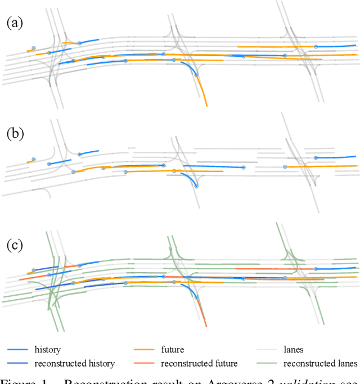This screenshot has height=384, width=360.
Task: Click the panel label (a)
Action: tap(14, 23)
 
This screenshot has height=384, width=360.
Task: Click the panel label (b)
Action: tap(14, 134)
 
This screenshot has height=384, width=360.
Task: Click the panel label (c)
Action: tap(14, 246)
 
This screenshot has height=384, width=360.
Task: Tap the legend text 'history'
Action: tap(47, 349)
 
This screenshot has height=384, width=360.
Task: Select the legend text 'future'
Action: tap(172, 349)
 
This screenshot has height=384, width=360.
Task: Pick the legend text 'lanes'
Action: tap(293, 349)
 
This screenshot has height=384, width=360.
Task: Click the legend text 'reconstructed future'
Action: tap(199, 363)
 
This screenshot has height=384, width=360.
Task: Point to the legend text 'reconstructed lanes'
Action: tap(320, 363)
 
